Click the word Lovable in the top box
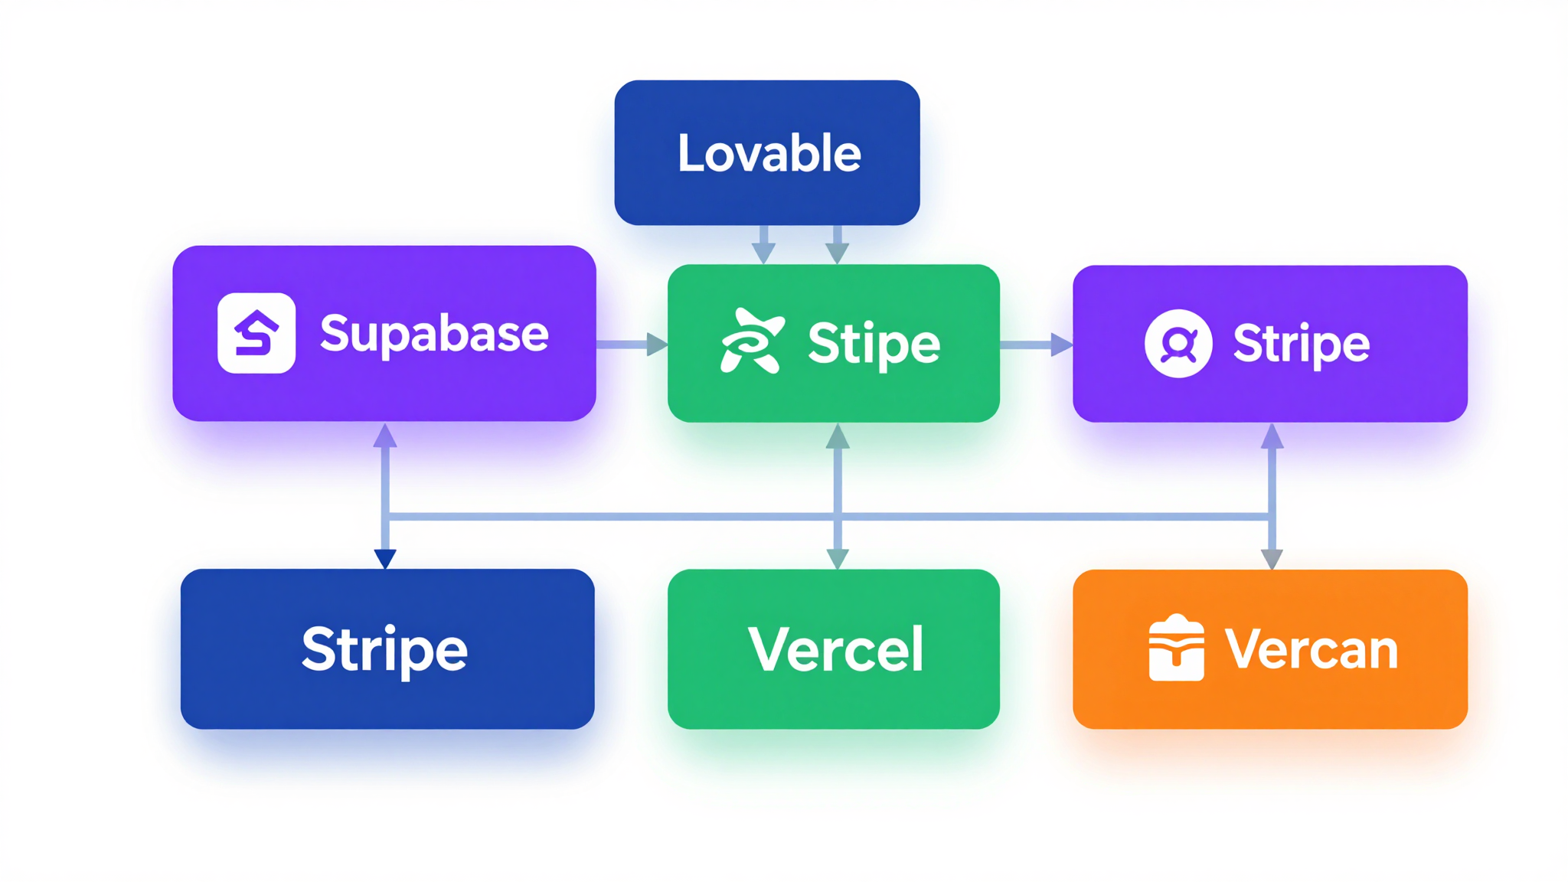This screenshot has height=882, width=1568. [x=769, y=153]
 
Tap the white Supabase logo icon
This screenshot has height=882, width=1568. [x=256, y=333]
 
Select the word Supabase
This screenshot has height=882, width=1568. [x=434, y=334]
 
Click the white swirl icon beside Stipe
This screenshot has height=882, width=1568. [x=752, y=341]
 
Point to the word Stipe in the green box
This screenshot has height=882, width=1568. [x=874, y=343]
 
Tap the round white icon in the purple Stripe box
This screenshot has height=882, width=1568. [x=1178, y=343]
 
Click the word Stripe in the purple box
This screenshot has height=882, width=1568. [x=1301, y=343]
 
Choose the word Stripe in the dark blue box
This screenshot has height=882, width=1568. [x=384, y=649]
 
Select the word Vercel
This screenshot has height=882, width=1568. [x=836, y=649]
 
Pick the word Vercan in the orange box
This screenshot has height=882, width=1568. [x=1312, y=649]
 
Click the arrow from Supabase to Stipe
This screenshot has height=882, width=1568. [x=631, y=345]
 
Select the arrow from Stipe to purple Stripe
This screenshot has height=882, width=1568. [x=1035, y=345]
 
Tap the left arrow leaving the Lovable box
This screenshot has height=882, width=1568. [x=763, y=245]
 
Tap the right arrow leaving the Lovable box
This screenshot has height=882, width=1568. [x=837, y=245]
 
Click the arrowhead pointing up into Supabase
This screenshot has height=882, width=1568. [x=385, y=436]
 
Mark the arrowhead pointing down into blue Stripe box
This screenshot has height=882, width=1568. [x=385, y=558]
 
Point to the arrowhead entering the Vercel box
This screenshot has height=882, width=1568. [x=838, y=558]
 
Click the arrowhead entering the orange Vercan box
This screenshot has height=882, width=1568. [x=1272, y=558]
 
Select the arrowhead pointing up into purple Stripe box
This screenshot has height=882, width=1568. [x=1272, y=436]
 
